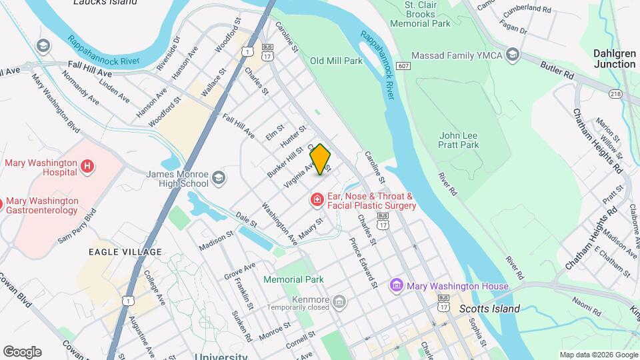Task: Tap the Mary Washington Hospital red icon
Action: (86, 166)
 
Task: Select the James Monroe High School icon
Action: (219, 179)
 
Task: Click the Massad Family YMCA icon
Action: (513, 54)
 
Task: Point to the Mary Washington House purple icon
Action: (397, 286)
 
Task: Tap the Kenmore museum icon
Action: (339, 303)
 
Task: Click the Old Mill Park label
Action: (336, 61)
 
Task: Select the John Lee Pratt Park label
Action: (459, 139)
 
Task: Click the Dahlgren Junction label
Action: (614, 59)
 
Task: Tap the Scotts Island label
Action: (489, 309)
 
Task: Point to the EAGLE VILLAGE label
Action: (125, 252)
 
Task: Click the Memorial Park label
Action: (293, 279)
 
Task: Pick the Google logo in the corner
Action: (22, 351)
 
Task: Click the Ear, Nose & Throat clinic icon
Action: (316, 199)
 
